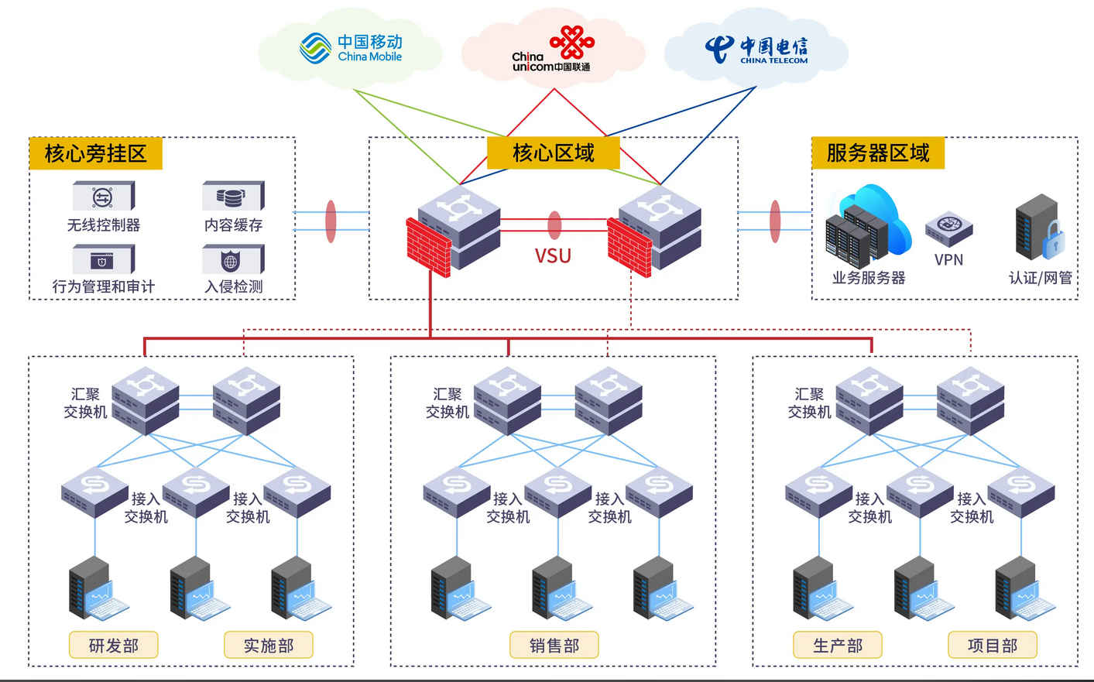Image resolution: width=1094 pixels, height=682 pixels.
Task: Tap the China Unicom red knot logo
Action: tap(571, 42)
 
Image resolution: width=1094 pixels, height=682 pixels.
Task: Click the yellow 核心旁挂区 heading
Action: tap(95, 153)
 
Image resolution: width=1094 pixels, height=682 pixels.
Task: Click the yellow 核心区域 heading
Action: tap(553, 153)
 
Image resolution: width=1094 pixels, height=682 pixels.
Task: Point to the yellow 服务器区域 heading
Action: tap(877, 153)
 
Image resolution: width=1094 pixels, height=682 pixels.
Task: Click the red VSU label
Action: tap(553, 256)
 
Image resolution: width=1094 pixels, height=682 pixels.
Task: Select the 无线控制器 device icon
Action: tap(103, 197)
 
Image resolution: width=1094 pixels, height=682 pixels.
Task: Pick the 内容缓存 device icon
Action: tap(233, 197)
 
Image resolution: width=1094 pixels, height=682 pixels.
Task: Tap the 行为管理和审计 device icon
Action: tap(103, 260)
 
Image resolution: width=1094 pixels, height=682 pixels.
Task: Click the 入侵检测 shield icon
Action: tap(232, 260)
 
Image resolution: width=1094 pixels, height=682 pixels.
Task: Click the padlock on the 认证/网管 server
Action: tap(1053, 241)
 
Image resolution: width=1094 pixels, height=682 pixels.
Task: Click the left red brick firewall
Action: tap(428, 247)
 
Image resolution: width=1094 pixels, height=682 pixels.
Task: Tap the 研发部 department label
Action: tap(113, 645)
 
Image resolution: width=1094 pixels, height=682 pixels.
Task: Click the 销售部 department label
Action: tap(554, 645)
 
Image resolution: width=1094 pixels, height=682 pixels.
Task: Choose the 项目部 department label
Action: tap(992, 645)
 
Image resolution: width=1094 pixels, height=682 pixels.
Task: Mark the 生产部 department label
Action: tap(837, 645)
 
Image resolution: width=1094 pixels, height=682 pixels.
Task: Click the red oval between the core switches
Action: tap(554, 225)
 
